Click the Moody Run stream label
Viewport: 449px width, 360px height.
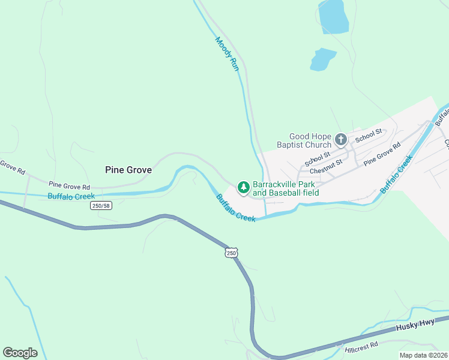227,55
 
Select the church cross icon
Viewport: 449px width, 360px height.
340,140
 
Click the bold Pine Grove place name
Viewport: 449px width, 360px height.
128,170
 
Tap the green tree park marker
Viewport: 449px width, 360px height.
243,188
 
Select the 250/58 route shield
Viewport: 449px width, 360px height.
101,206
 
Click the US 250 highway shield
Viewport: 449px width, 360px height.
232,253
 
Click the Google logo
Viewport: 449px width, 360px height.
20,352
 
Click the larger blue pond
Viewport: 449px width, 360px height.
333,17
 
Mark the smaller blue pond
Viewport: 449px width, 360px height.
322,59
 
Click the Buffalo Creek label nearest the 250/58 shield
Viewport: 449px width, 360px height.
71,196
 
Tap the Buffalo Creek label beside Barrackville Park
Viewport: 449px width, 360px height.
236,208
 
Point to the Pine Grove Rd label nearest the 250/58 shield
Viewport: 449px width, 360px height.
69,186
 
